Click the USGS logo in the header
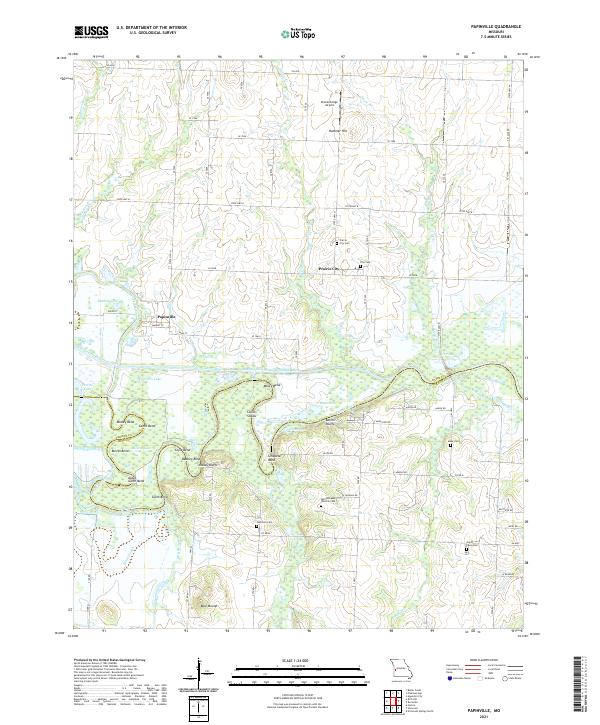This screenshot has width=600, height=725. tap(91, 32)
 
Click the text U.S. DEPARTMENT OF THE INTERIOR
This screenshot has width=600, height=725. tap(149, 29)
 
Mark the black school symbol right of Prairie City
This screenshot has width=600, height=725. tap(361, 266)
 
